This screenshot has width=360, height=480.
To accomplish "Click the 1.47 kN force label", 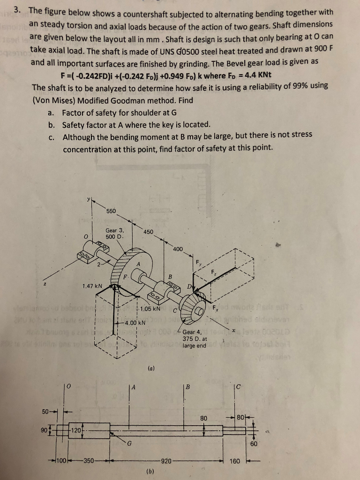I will [92, 285].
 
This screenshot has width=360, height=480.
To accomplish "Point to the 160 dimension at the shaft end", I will [235, 461].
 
